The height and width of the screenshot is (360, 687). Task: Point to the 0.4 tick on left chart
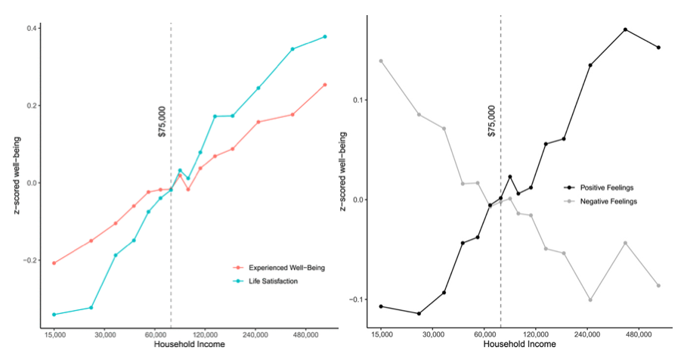click(30, 29)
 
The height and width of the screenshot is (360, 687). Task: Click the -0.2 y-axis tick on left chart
click(28, 260)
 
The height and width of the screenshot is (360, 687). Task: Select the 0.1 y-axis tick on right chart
click(357, 100)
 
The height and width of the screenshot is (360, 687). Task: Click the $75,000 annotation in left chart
click(162, 121)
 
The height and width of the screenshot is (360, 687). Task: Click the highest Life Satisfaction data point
click(325, 36)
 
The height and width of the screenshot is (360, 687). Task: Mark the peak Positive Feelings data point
click(626, 29)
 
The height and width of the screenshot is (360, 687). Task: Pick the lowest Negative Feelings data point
click(590, 299)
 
